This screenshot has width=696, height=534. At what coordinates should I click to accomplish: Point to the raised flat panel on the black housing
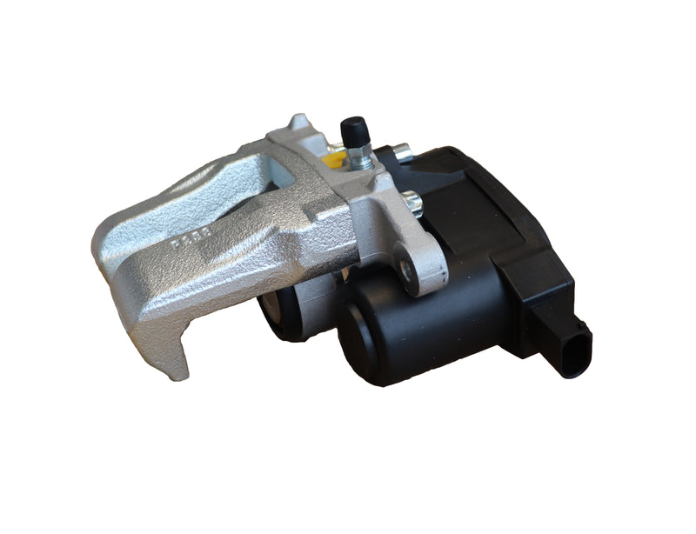(487, 200)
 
